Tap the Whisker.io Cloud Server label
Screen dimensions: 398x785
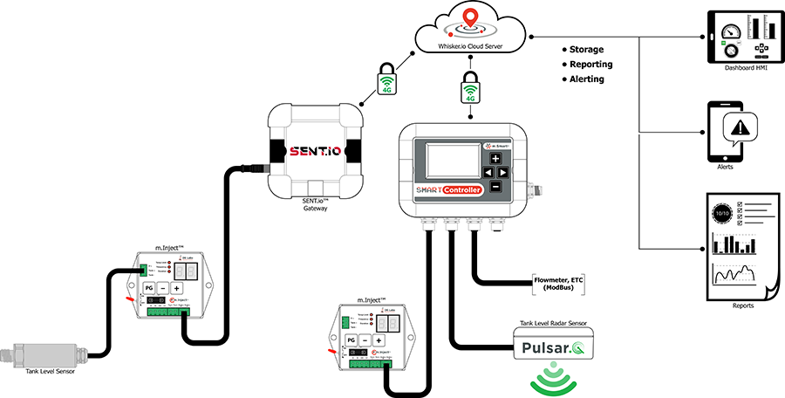[470, 39]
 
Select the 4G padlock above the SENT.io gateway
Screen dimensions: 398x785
[387, 80]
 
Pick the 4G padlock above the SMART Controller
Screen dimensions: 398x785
[471, 89]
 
